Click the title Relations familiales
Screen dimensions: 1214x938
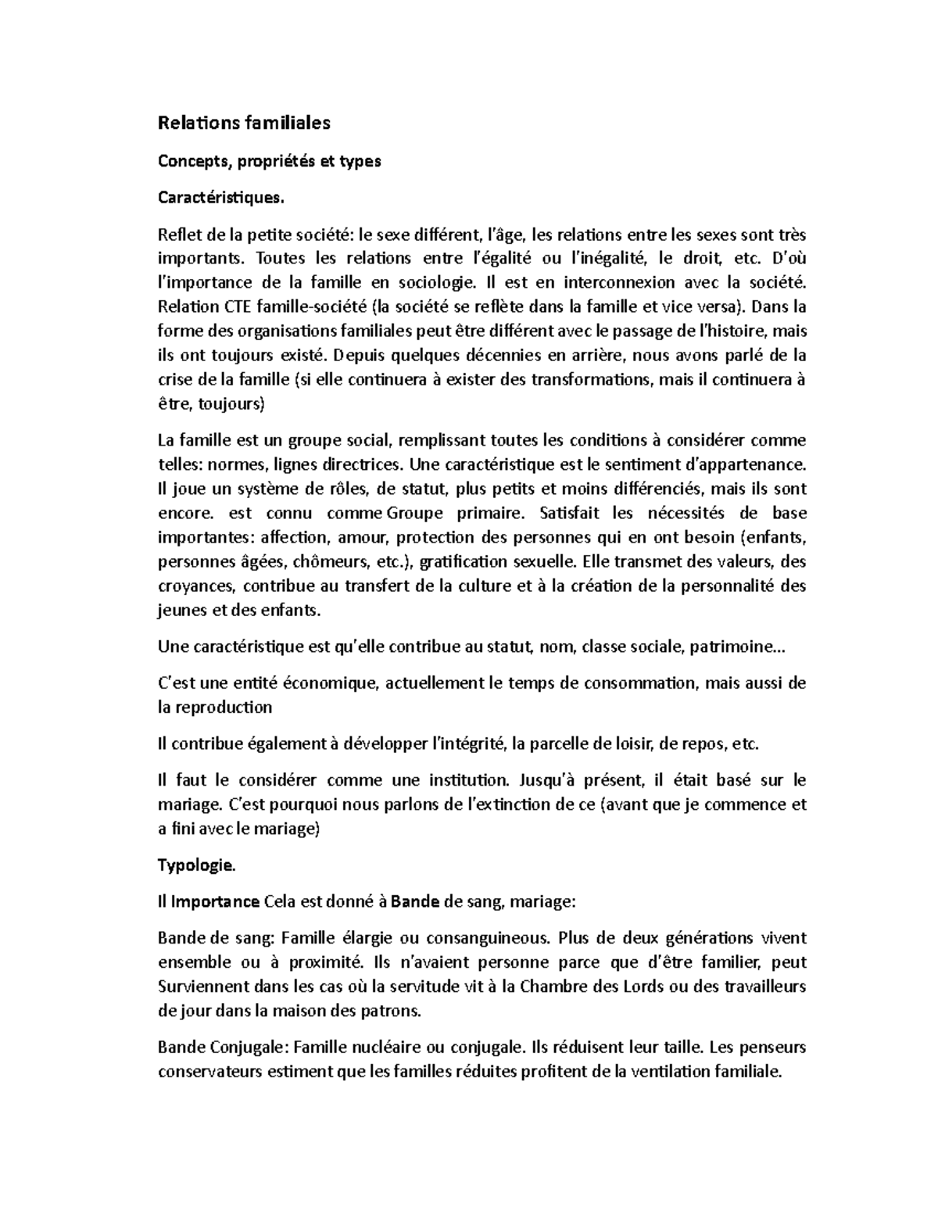(x=244, y=123)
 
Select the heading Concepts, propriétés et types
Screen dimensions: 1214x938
(x=269, y=161)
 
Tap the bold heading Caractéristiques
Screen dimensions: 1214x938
(x=217, y=198)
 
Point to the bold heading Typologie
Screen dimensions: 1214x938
(x=195, y=865)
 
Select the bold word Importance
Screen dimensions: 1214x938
(x=215, y=902)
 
